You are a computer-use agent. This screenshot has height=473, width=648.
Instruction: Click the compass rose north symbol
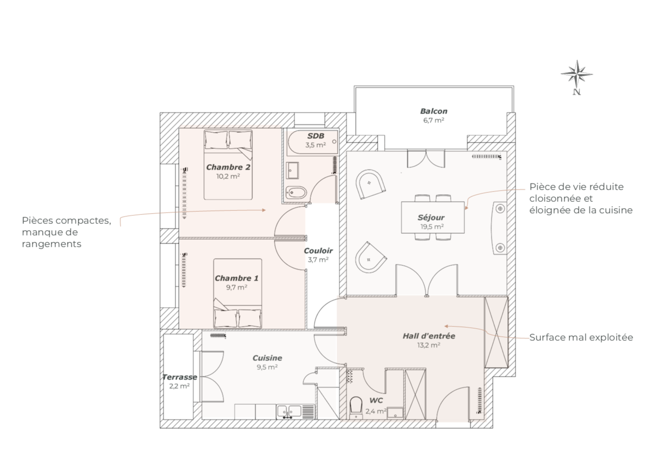coord(577,77)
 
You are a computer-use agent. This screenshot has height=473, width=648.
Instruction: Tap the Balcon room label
coord(434,111)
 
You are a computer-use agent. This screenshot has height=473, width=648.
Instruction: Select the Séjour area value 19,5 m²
coord(432,227)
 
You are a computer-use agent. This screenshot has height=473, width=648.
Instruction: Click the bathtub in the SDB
coord(313,142)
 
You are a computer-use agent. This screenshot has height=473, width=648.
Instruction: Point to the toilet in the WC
coord(356,407)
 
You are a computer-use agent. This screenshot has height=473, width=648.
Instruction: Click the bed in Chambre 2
coord(228,165)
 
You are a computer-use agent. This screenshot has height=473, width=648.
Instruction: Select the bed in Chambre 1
coord(238,294)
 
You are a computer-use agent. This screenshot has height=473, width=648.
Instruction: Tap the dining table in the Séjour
coord(433,218)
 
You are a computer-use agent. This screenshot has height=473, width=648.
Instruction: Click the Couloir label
coord(318,251)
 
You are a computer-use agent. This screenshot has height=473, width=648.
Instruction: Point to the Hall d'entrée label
coord(429,336)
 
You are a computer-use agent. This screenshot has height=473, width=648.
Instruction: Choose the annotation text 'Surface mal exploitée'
coord(581,337)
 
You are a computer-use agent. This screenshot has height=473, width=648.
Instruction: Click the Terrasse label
coord(180,377)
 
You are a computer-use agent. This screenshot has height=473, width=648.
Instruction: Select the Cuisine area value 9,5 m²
coord(267,367)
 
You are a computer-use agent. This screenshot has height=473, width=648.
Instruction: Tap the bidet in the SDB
coord(296,192)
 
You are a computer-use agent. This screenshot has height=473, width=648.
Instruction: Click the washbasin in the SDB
coord(292,170)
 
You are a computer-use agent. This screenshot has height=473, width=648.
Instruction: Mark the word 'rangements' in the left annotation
coord(51,244)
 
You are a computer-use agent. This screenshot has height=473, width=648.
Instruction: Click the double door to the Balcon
coord(426,158)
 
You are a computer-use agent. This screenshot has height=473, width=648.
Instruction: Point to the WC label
coord(376,401)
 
